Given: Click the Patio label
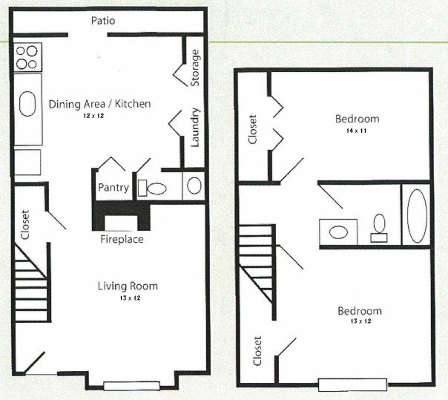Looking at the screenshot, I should point(103,21).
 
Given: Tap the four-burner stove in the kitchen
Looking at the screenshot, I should point(27,57).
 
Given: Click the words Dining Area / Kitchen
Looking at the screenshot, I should point(99,104).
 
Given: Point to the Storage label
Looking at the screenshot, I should point(196,68).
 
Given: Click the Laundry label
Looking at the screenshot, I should point(196,127).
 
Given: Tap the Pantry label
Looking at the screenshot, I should point(113,188).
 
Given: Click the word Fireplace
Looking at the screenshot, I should point(122,240).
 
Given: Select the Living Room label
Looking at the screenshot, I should point(128,286).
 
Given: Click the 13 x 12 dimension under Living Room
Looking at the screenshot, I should point(128,298).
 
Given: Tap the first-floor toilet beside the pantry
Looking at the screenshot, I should point(157,188).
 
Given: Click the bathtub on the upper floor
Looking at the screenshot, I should point(417,216).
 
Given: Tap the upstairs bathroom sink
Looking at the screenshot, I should point(337,231).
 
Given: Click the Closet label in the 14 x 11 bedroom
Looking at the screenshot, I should point(253,129).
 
